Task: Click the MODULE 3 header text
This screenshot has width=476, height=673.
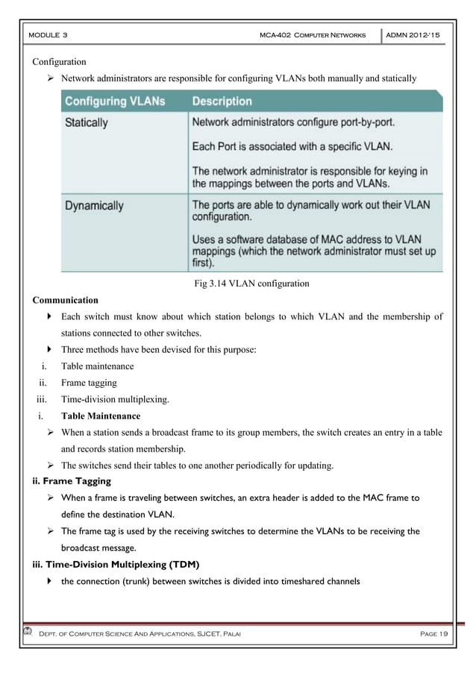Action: pyautogui.click(x=48, y=35)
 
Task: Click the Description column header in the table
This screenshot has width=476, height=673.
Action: pyautogui.click(x=222, y=101)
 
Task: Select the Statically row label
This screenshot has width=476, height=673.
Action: pyautogui.click(x=87, y=121)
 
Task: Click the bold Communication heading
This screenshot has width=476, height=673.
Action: pyautogui.click(x=65, y=300)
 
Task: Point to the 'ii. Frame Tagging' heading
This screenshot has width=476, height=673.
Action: pyautogui.click(x=68, y=482)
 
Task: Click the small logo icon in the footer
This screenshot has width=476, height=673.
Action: pyautogui.click(x=28, y=633)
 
